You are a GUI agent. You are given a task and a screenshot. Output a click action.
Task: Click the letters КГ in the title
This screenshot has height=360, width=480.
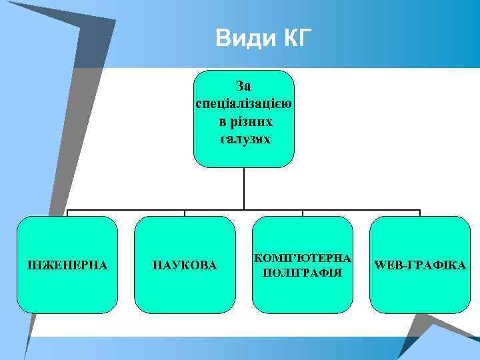[293, 39]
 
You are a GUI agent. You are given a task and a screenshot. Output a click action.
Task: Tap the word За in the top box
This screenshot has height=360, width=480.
[243, 86]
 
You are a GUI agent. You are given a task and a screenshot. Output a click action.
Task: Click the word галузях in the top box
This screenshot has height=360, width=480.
[245, 139]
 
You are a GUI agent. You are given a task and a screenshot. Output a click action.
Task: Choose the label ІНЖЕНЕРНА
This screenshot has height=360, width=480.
[67, 265]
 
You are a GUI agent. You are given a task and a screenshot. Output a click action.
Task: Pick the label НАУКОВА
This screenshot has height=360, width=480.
[185, 265]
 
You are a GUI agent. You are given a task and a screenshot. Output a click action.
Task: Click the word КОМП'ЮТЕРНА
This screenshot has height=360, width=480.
[303, 258]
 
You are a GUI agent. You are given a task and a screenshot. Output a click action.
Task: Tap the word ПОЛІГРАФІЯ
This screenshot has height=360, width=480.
[303, 273]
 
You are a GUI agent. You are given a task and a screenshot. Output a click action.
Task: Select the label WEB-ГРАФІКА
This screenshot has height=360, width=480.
[420, 265]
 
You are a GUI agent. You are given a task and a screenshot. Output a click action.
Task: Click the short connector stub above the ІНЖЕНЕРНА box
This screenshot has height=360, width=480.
[67, 213]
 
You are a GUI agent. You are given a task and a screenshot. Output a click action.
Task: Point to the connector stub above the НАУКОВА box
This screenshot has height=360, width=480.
[185, 213]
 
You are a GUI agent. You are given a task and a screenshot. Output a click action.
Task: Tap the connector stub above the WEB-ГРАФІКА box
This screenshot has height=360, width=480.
[420, 213]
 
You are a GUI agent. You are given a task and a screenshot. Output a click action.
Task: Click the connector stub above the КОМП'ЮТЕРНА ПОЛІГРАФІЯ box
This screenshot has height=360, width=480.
[303, 213]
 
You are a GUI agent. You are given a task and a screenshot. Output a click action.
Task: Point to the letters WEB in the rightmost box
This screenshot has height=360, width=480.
[386, 265]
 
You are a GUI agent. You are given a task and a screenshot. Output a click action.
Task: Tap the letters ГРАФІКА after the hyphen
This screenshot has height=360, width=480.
[433, 265]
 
